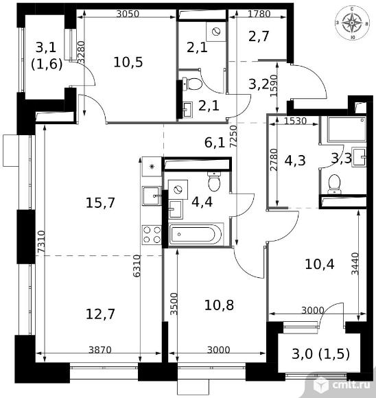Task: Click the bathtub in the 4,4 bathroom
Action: [x=195, y=235]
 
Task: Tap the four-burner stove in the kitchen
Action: [x=150, y=235]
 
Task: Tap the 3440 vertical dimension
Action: [x=355, y=264]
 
